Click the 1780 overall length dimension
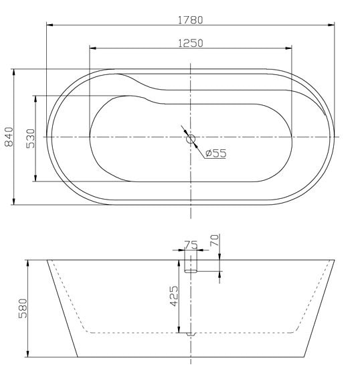click(190, 19)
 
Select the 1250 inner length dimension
click(190, 42)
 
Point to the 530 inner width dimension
click(31, 139)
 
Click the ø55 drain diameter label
click(215, 153)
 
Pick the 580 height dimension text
click(23, 308)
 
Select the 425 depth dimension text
click(173, 295)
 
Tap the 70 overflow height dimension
click(215, 240)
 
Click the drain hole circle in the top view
click(191, 139)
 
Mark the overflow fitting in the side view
click(191, 264)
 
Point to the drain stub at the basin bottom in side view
click(191, 333)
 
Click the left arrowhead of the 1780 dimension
click(49, 25)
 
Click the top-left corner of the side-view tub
click(46, 259)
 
